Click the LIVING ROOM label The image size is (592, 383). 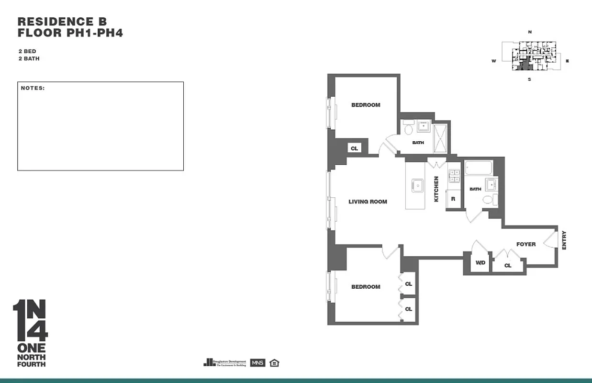[368, 202]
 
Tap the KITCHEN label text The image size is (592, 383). [436, 189]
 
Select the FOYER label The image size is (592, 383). [525, 244]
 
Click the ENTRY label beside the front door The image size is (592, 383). [564, 240]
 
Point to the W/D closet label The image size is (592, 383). [480, 263]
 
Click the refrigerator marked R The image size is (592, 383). [453, 199]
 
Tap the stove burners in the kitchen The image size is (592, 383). [454, 176]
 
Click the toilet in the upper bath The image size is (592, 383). [408, 129]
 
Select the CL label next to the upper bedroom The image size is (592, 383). [354, 148]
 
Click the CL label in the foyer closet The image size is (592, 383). [508, 266]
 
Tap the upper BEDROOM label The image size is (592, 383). [366, 105]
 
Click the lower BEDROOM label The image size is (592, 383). [366, 287]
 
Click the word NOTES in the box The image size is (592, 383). [33, 88]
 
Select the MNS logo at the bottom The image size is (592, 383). [257, 362]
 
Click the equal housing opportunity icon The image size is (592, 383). [274, 362]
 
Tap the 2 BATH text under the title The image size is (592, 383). [29, 59]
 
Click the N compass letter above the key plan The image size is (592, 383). [530, 32]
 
